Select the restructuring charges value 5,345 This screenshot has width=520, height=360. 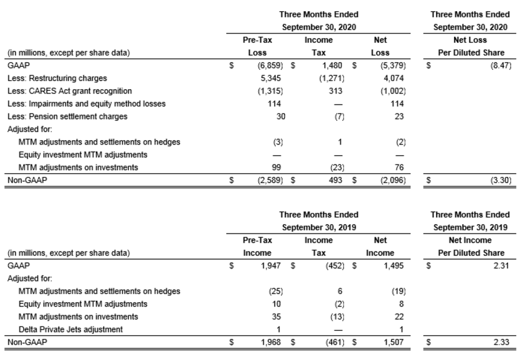pos(271,78)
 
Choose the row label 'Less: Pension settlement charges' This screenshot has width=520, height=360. pos(67,116)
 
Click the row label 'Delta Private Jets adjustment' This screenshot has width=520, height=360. pos(70,329)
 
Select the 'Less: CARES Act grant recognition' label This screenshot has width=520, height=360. pos(70,91)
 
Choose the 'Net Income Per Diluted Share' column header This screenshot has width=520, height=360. pos(471,247)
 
